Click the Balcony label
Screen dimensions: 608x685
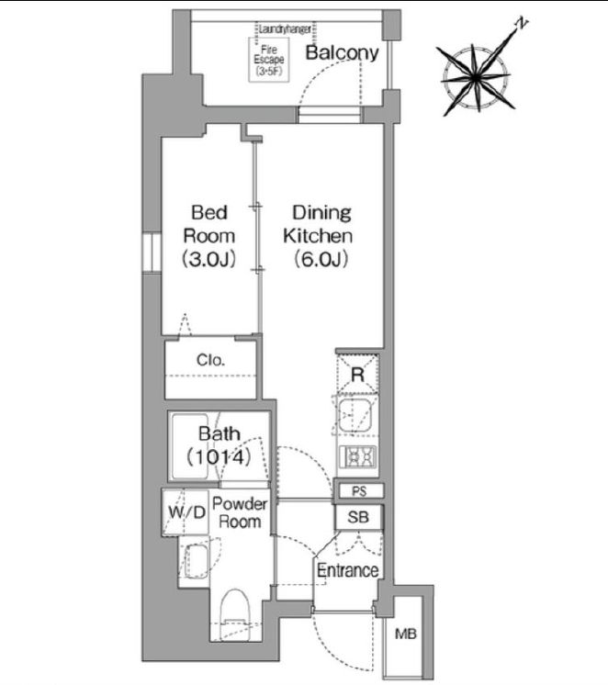(342, 53)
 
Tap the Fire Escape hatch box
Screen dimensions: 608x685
(269, 60)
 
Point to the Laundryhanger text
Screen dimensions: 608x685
(285, 29)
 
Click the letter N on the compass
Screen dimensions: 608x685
(521, 24)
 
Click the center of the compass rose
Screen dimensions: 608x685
(476, 79)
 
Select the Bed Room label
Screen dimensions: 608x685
(208, 236)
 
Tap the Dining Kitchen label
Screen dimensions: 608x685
(318, 236)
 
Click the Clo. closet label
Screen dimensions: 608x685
(210, 360)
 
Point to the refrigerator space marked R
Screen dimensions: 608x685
(357, 374)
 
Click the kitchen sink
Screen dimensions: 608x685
(355, 415)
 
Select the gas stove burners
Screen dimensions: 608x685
(357, 457)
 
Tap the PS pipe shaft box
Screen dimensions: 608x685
(359, 491)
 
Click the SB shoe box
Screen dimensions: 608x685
(358, 517)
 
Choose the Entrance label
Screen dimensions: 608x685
(347, 570)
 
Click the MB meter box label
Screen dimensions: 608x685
(405, 634)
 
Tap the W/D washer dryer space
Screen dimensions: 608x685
(186, 512)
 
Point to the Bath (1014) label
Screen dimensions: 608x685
(219, 445)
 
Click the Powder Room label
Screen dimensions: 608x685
(239, 512)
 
